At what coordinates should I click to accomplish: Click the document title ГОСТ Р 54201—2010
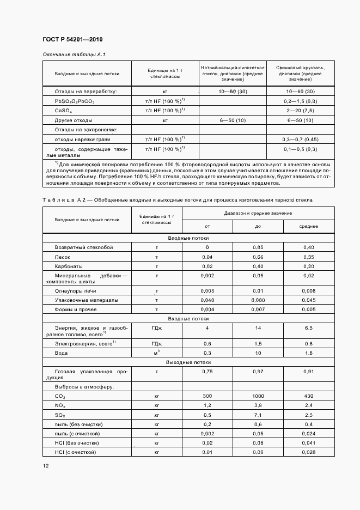click(72, 40)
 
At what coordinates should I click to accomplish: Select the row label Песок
click(62, 257)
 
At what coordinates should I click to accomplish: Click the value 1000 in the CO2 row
click(258, 396)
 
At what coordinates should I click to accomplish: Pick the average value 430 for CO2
click(308, 396)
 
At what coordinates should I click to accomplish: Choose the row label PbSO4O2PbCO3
click(75, 101)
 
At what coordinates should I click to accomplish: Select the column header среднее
click(308, 226)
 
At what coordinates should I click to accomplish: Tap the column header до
click(258, 226)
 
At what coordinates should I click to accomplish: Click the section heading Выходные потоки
click(188, 362)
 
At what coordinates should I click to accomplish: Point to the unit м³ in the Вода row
click(156, 353)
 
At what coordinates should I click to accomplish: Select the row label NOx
click(60, 405)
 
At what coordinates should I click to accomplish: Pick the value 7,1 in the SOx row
click(258, 415)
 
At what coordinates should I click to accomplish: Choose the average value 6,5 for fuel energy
click(308, 328)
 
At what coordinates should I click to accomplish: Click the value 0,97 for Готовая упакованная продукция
click(258, 372)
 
